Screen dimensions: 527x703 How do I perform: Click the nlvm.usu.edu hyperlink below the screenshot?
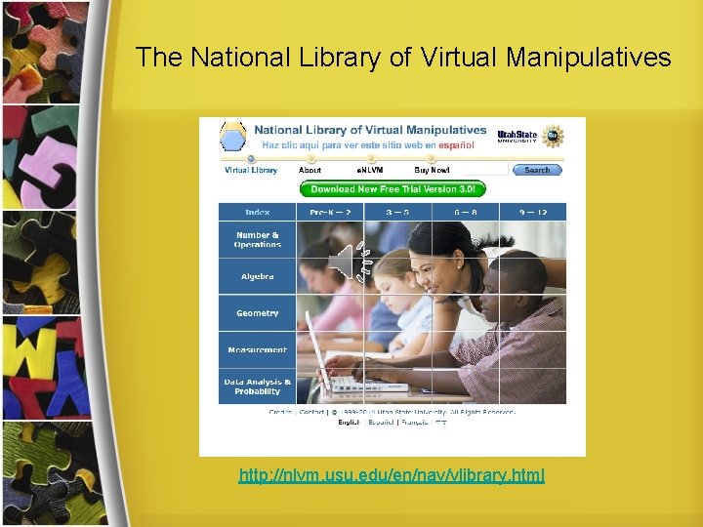392,476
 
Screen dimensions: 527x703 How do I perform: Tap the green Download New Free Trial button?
393,189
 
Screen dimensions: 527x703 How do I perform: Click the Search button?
537,170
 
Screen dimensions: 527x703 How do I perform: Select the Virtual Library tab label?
251,170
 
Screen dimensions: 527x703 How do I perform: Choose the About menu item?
310,170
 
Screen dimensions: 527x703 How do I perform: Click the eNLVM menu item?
369,170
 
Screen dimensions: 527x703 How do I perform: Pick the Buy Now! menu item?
432,170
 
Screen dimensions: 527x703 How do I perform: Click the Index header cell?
257,212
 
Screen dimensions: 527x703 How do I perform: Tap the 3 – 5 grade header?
397,212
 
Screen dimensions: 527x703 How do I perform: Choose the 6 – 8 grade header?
465,212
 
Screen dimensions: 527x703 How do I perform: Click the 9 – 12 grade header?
532,212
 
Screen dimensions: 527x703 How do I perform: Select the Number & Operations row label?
257,240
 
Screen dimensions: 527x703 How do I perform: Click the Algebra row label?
257,277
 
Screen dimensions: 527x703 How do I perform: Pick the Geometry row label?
257,313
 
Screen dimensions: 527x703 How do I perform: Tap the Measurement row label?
257,349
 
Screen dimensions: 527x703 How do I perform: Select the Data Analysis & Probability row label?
257,386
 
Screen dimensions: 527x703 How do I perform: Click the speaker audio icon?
345,262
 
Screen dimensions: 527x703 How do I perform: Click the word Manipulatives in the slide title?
589,58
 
